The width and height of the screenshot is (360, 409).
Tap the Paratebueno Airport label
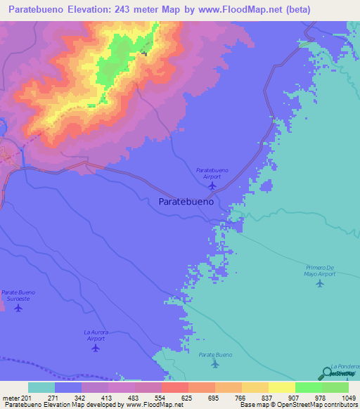click(212, 173)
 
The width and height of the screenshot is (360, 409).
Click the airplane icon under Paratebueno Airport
click(211, 186)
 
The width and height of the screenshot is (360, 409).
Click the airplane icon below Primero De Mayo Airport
click(321, 284)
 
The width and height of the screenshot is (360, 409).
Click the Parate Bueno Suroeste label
click(18, 295)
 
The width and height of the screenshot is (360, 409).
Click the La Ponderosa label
click(346, 367)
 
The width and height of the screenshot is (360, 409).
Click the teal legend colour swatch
click(41, 387)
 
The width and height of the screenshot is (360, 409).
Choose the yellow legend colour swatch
click(282, 387)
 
